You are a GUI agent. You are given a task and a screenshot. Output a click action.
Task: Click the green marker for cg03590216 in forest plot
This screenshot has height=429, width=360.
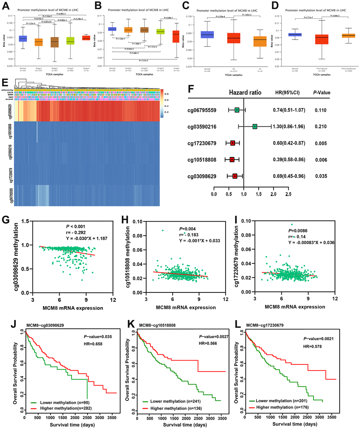tap(255, 126)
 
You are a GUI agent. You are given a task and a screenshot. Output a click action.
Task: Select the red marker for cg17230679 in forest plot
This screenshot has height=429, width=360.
tap(233, 143)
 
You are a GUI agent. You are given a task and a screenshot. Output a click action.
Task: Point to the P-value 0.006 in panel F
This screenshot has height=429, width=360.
tap(321, 159)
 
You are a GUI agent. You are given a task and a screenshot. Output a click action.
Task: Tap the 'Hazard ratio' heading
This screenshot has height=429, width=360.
tap(245, 93)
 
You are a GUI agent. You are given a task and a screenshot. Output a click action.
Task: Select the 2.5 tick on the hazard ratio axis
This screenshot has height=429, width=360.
tap(288, 194)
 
